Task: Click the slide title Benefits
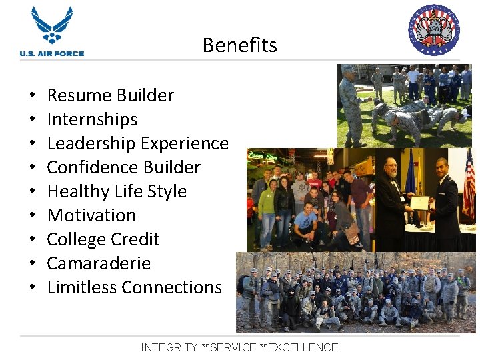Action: pyautogui.click(x=239, y=45)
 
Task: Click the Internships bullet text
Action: pyautogui.click(x=92, y=119)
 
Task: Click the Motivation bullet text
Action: pyautogui.click(x=91, y=215)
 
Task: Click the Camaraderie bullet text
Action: pyautogui.click(x=99, y=263)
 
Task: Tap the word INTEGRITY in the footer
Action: pyautogui.click(x=169, y=347)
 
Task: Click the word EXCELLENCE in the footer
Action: pyautogui.click(x=303, y=347)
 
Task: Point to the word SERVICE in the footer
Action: pyautogui.click(x=233, y=347)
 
